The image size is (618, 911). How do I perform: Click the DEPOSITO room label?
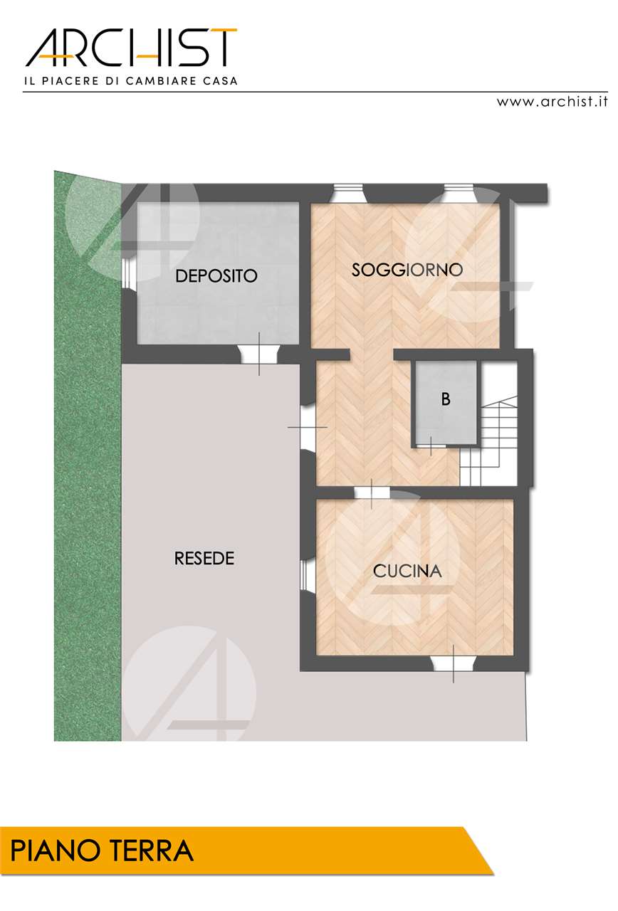(x=216, y=275)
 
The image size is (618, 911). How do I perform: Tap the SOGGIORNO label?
(x=407, y=270)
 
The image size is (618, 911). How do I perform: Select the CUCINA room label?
(x=407, y=572)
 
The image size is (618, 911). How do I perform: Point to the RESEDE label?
(x=204, y=559)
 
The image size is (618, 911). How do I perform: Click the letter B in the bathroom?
(x=446, y=399)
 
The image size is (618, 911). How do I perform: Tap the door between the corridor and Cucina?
(x=372, y=493)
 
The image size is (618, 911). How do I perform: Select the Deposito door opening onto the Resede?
(x=259, y=354)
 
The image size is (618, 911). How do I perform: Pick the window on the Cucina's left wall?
(x=305, y=574)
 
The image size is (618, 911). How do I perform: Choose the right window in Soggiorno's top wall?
(x=459, y=193)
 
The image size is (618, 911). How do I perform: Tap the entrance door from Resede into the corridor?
(x=308, y=427)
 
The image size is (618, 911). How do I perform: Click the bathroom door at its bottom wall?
(x=431, y=446)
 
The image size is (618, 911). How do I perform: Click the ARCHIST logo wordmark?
(x=131, y=48)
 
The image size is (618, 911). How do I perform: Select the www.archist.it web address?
(x=552, y=101)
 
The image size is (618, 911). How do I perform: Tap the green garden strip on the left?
(x=88, y=456)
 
